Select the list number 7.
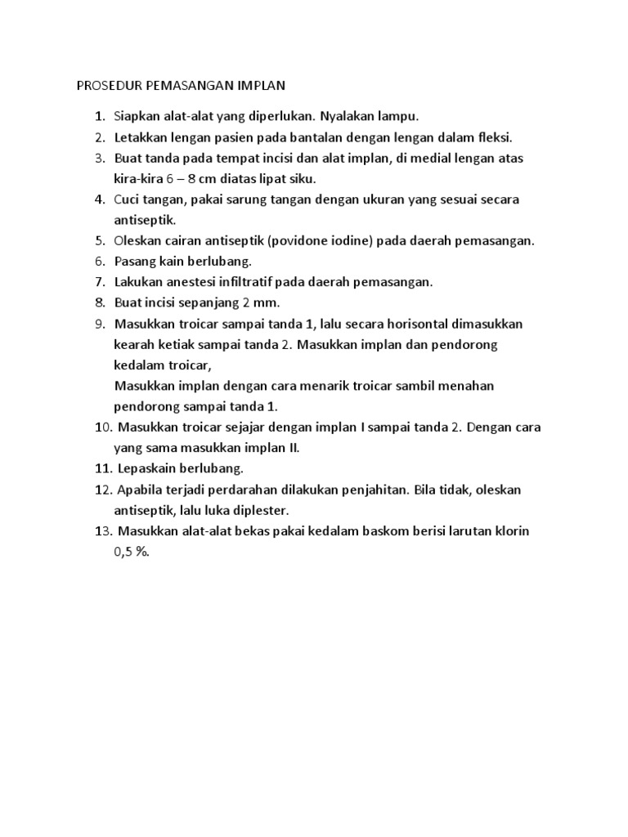click(100, 282)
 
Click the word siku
click(304, 178)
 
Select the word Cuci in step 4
click(128, 199)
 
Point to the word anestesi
click(195, 282)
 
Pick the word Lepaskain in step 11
click(146, 468)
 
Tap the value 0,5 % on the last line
click(132, 552)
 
